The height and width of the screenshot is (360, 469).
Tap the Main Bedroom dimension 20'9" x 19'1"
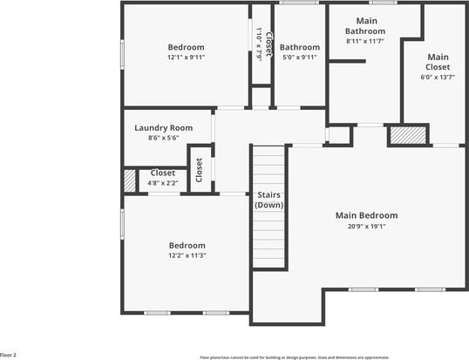366,226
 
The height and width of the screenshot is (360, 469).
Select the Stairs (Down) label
268,200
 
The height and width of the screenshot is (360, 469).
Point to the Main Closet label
438,62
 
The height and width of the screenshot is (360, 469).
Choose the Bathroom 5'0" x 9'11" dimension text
299,58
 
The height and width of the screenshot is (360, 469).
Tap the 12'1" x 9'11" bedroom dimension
186,58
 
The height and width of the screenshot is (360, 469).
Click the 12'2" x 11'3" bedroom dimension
187,255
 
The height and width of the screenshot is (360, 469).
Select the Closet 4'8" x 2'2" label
163,173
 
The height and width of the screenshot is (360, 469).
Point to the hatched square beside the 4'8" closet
130,179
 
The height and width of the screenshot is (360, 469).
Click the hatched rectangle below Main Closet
407,135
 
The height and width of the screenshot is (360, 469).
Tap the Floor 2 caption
9,355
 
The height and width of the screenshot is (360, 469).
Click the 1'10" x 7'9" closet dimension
259,42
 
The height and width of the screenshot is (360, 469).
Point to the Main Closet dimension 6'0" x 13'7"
438,77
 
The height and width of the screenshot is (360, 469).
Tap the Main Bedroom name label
366,215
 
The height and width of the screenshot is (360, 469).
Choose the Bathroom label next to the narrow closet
299,47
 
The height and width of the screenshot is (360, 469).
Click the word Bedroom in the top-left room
186,47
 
